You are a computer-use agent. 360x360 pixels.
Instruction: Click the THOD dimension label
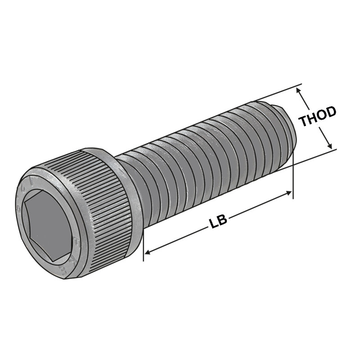(x=318, y=117)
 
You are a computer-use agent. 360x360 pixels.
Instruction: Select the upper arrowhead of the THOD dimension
(x=298, y=90)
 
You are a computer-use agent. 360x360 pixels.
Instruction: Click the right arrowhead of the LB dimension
(x=290, y=193)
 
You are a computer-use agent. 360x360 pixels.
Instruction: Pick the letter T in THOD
(x=304, y=121)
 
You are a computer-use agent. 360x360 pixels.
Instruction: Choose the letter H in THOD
(x=312, y=118)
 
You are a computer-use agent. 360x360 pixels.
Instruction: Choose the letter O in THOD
(x=322, y=115)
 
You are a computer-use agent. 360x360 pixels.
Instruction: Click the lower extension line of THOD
(x=315, y=156)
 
